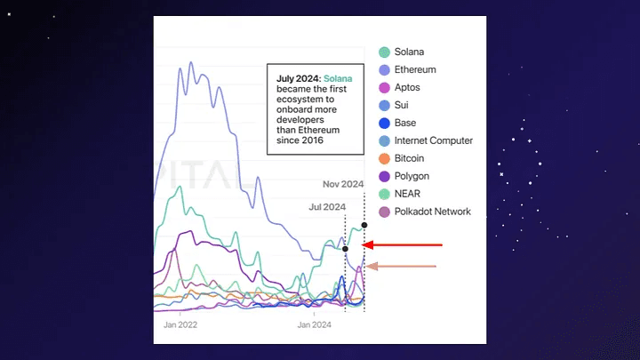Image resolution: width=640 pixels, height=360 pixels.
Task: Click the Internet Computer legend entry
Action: [x=433, y=140]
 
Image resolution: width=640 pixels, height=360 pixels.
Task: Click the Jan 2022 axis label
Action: [x=180, y=325]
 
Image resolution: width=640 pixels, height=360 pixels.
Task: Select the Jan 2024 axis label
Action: [x=315, y=325]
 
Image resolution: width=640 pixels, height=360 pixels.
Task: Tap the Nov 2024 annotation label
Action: [x=342, y=185]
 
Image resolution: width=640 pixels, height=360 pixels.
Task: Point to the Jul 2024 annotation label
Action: [x=326, y=207]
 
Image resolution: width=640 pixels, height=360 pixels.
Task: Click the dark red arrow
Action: [x=404, y=244]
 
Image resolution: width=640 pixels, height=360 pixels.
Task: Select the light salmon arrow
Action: [x=402, y=266]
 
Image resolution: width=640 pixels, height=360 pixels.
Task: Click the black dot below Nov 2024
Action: [x=364, y=225]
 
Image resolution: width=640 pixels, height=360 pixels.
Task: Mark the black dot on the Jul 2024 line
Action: [x=345, y=249]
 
